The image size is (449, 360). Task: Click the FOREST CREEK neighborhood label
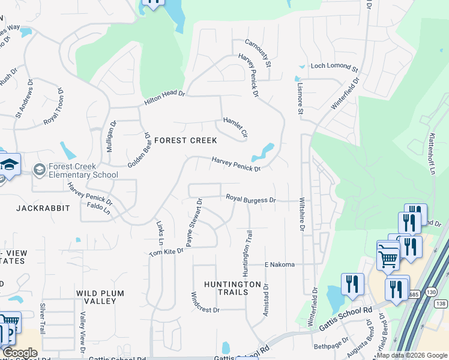185,140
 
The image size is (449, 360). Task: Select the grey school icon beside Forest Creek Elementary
40,170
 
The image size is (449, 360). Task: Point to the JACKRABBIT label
43,208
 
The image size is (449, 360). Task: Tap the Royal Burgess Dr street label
250,199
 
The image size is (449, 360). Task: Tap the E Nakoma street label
280,265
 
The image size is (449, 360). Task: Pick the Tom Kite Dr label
166,253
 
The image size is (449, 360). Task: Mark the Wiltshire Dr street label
302,214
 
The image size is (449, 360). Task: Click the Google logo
20,353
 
